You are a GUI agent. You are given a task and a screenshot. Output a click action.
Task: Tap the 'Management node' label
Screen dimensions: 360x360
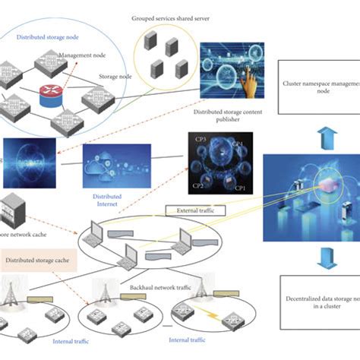83,55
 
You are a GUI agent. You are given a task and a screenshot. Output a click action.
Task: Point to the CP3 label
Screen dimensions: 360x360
203,141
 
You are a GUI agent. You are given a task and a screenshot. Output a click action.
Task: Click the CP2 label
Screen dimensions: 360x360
197,185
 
